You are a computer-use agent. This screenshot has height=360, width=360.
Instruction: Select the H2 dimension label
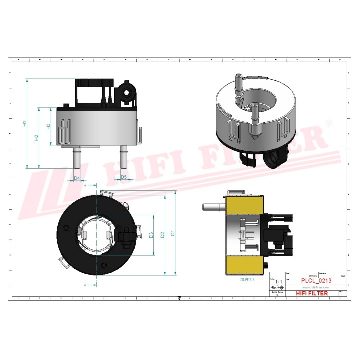(37, 138)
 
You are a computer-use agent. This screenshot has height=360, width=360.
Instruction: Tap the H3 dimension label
(49, 126)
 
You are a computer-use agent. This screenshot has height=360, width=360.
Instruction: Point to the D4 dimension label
(77, 178)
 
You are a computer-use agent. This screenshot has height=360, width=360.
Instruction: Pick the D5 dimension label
(124, 178)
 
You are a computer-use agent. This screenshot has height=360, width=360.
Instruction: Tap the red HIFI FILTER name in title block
(313, 293)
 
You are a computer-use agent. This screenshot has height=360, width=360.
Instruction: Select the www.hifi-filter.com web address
(313, 288)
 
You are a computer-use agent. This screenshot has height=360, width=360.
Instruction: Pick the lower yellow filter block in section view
(244, 266)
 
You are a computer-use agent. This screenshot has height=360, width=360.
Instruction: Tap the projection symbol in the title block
(276, 288)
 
